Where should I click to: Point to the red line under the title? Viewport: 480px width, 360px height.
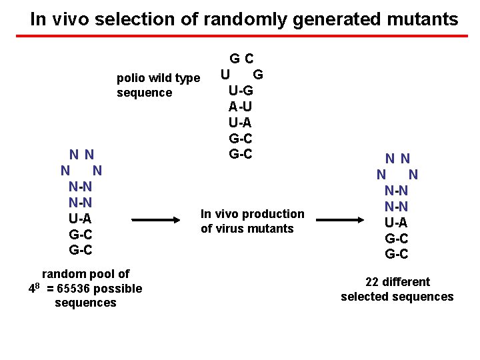240,35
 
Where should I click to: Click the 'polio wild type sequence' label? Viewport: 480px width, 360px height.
158,85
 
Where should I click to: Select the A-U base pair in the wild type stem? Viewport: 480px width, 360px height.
240,106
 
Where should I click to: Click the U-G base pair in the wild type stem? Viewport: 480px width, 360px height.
240,91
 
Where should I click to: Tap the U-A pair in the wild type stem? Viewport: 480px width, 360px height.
240,122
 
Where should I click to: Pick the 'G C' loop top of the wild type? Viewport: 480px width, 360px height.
241,59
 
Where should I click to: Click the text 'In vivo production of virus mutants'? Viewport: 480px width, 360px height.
252,221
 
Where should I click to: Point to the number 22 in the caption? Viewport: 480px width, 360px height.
373,282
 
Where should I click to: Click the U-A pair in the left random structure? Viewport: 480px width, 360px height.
80,219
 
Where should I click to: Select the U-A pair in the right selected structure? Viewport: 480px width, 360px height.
397,223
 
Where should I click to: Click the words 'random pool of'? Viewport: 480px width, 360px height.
85,274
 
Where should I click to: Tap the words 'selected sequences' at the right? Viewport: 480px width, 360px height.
397,297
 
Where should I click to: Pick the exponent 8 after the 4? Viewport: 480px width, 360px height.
38,285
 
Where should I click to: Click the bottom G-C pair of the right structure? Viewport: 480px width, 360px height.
397,254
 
